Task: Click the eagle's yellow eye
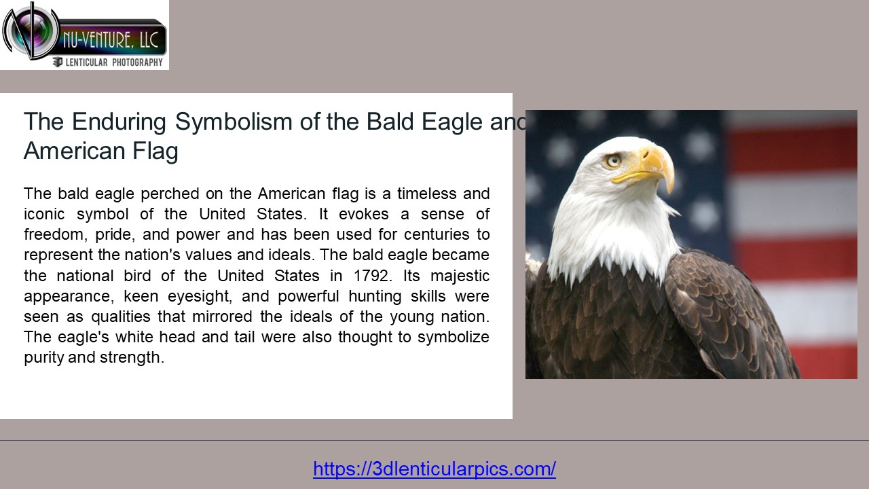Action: coord(614,160)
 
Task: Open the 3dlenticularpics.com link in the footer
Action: coord(434,469)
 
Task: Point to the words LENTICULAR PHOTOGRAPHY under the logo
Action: coord(113,62)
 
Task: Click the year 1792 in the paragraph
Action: coord(372,276)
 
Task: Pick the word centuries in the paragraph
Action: coord(394,234)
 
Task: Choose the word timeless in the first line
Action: coord(426,194)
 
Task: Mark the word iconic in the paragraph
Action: coord(44,214)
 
